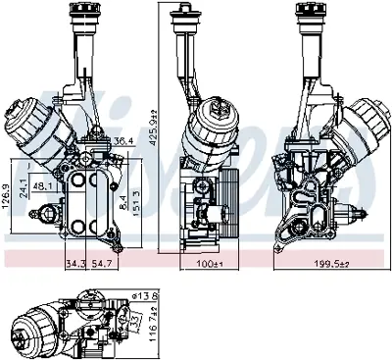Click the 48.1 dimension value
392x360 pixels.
43,184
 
